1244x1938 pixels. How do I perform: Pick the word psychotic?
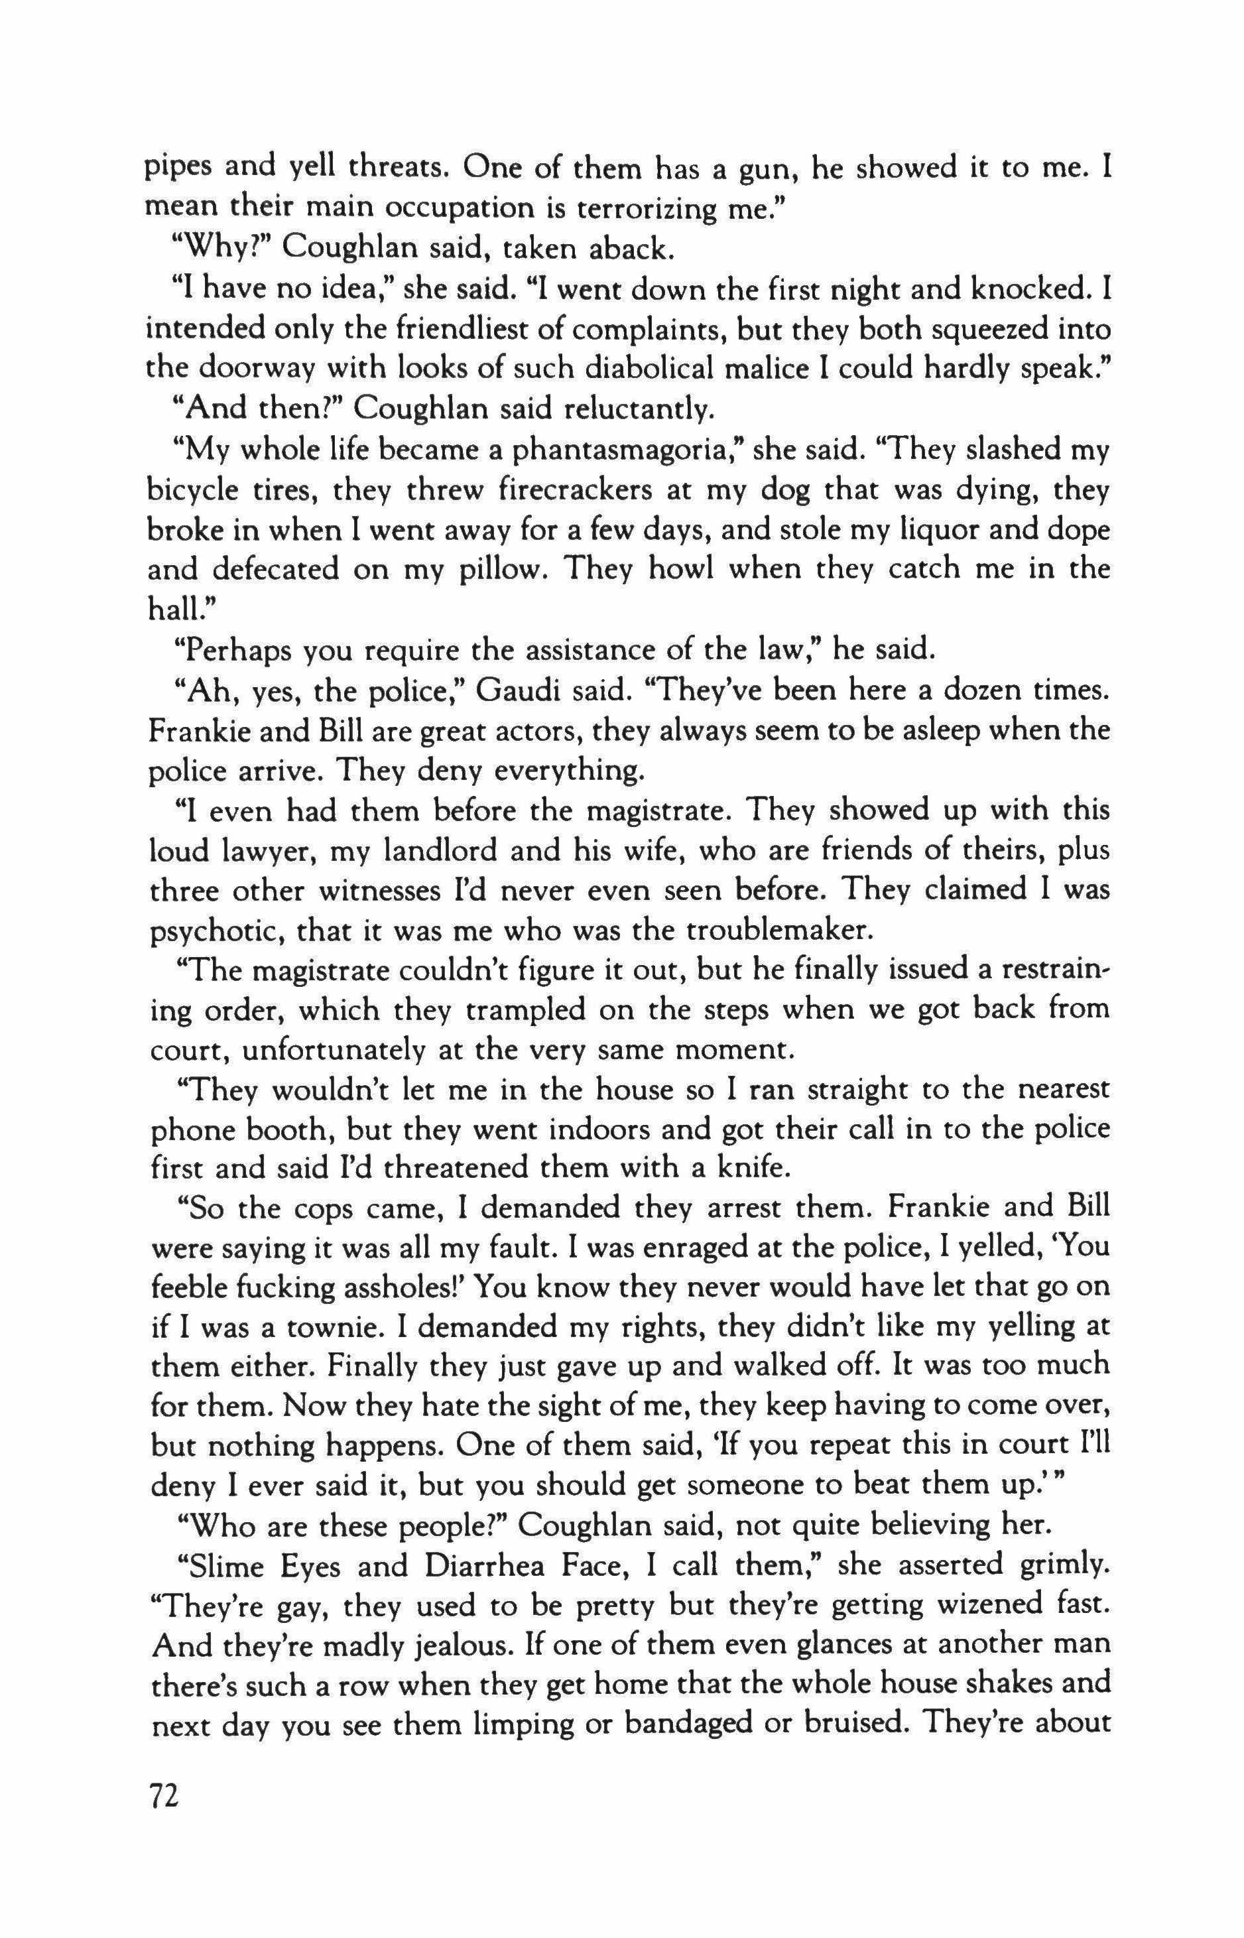(x=215, y=931)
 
